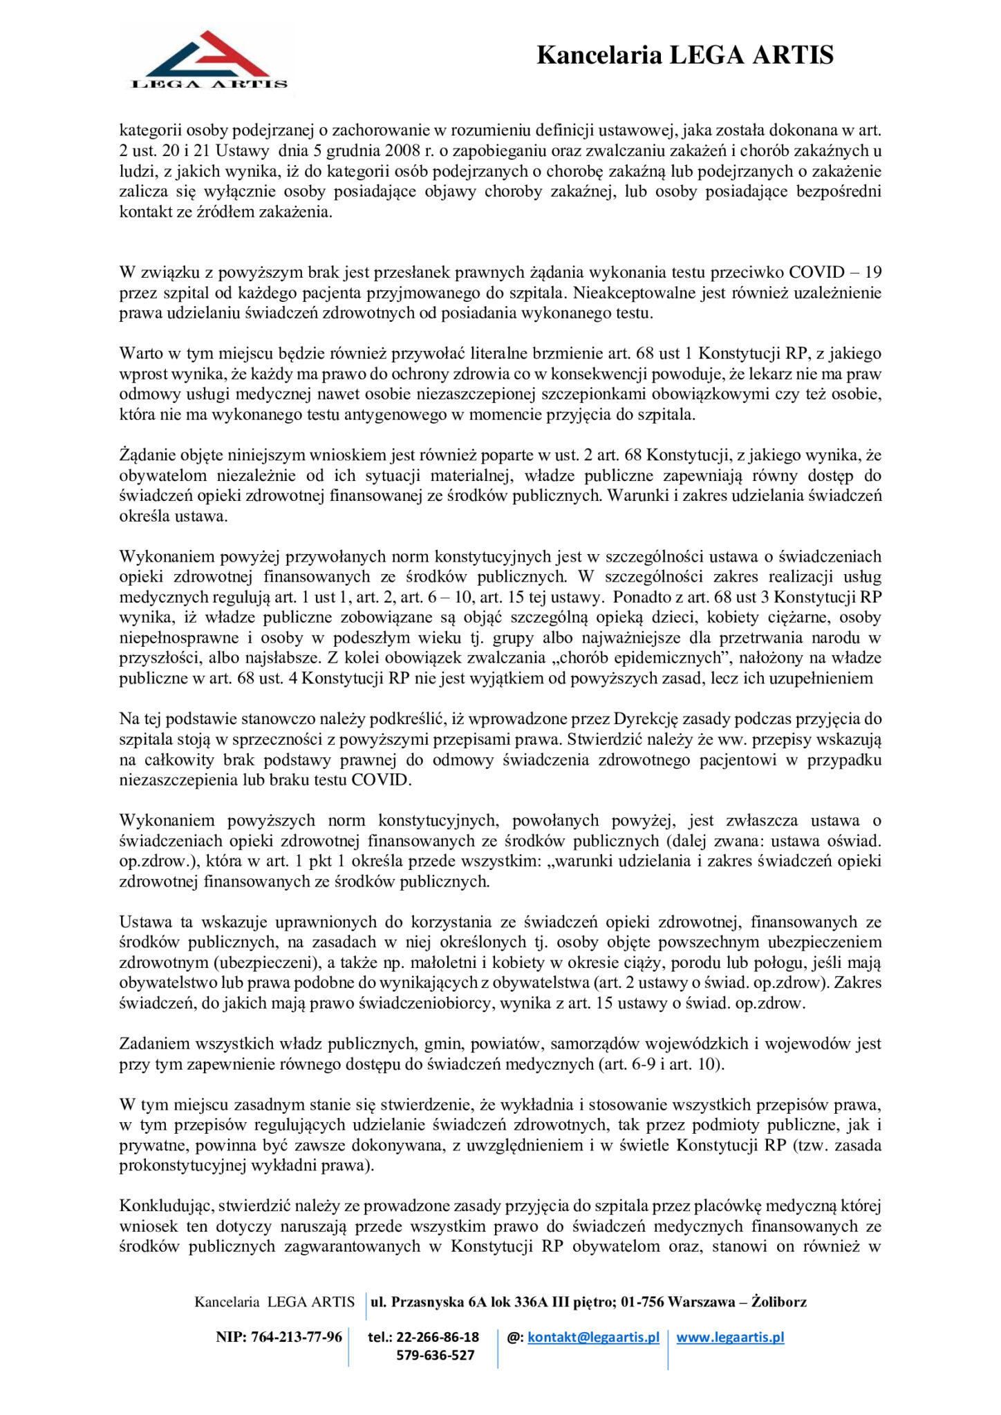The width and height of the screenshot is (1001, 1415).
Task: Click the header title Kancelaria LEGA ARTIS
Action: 684,55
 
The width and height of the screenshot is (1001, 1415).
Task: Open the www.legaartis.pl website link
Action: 730,1337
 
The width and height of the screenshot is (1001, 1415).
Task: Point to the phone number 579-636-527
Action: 435,1355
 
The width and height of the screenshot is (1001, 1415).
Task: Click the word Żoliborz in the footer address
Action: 778,1302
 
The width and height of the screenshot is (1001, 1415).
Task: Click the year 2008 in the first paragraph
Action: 403,151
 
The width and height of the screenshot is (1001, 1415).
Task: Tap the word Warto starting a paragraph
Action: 141,354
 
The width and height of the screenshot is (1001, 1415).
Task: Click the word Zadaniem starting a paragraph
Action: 154,1044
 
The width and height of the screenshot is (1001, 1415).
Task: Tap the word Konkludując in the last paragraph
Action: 168,1206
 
